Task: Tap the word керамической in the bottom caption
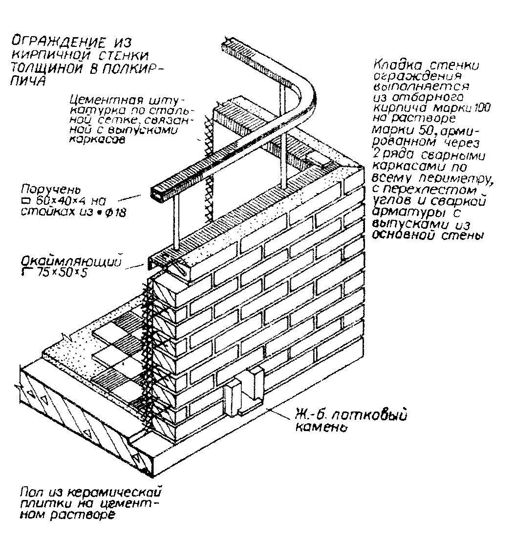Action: (x=117, y=491)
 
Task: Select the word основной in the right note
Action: (x=401, y=235)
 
